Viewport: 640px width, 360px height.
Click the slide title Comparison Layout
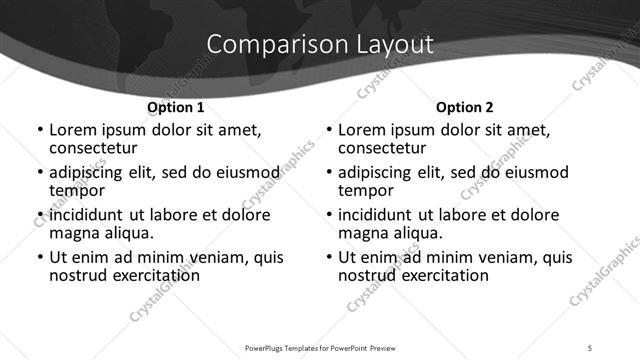click(x=320, y=45)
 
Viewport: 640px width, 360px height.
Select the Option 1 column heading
click(x=176, y=106)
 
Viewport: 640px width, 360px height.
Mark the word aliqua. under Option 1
click(x=126, y=233)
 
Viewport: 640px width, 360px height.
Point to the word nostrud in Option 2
click(x=366, y=275)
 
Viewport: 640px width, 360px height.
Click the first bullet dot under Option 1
click(x=39, y=131)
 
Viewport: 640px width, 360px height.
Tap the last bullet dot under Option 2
click(x=328, y=258)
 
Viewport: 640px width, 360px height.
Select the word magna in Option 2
click(x=364, y=233)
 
